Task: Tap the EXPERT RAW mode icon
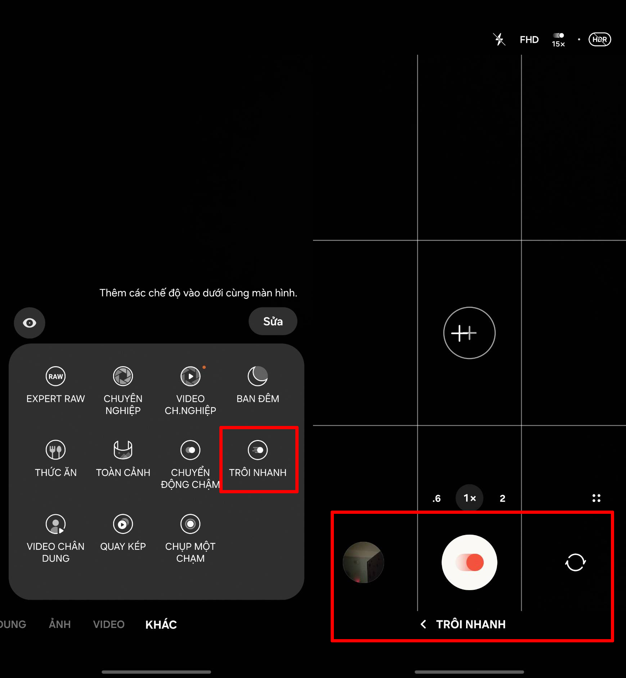click(x=55, y=376)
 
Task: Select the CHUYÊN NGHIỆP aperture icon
click(x=123, y=376)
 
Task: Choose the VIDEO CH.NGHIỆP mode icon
click(x=190, y=376)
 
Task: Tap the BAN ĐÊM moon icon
click(x=258, y=376)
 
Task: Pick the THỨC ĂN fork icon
click(x=55, y=450)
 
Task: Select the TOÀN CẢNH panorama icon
click(x=123, y=450)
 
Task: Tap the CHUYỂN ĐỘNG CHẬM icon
click(x=190, y=450)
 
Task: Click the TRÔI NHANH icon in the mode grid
click(x=258, y=450)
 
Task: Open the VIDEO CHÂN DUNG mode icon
click(x=55, y=524)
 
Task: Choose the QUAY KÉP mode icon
click(x=123, y=524)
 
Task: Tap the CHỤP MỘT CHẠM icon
click(x=190, y=524)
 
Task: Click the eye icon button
click(x=30, y=323)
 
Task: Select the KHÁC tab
click(x=161, y=625)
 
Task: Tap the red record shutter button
click(x=469, y=562)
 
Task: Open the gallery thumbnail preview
click(x=363, y=562)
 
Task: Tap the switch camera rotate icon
click(x=575, y=562)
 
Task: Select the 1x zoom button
click(x=469, y=498)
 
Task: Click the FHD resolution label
click(x=529, y=40)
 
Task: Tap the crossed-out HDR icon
click(x=600, y=40)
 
